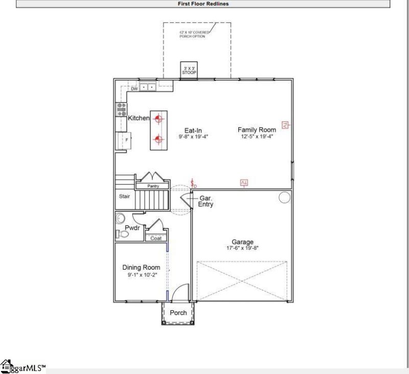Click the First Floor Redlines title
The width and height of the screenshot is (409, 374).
[203, 4]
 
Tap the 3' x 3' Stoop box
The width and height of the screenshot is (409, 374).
[189, 70]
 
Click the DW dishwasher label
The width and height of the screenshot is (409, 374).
[134, 89]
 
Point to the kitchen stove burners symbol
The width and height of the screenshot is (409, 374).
[122, 109]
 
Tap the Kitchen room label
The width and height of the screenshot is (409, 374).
[139, 118]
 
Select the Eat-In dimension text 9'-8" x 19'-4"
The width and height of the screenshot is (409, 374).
[193, 137]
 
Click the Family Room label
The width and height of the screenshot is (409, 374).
[257, 130]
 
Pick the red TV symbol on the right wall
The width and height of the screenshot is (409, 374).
[286, 124]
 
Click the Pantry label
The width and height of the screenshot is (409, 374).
[153, 186]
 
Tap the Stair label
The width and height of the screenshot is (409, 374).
[124, 196]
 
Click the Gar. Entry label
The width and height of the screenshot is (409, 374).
[206, 201]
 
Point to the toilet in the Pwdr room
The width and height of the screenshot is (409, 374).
[123, 234]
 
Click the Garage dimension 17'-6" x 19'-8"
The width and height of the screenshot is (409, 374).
[242, 249]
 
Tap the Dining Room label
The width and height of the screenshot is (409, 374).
[141, 268]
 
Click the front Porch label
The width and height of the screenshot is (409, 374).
[178, 313]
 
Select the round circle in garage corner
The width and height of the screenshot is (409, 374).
[284, 197]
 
